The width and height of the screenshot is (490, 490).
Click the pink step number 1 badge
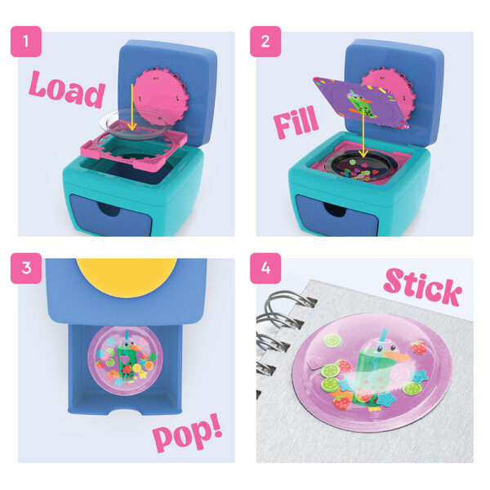[x=26, y=42]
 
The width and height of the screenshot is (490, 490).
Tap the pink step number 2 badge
[x=265, y=42]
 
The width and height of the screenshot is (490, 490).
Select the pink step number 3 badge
[x=26, y=268]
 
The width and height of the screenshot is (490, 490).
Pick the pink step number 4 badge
[x=265, y=268]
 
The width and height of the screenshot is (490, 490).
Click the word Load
[x=67, y=89]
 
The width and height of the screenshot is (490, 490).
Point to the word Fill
[x=296, y=122]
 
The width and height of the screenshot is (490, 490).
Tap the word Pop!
[x=188, y=431]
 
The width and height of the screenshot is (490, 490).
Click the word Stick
[x=422, y=287]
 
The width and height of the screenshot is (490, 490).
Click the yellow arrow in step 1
[x=132, y=107]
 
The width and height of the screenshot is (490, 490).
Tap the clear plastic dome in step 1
[x=135, y=125]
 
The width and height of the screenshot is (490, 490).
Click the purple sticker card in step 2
[x=362, y=103]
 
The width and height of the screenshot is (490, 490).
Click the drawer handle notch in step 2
[x=335, y=209]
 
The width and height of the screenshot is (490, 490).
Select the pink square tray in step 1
[x=134, y=146]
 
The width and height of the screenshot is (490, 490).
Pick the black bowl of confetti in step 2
[x=359, y=168]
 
